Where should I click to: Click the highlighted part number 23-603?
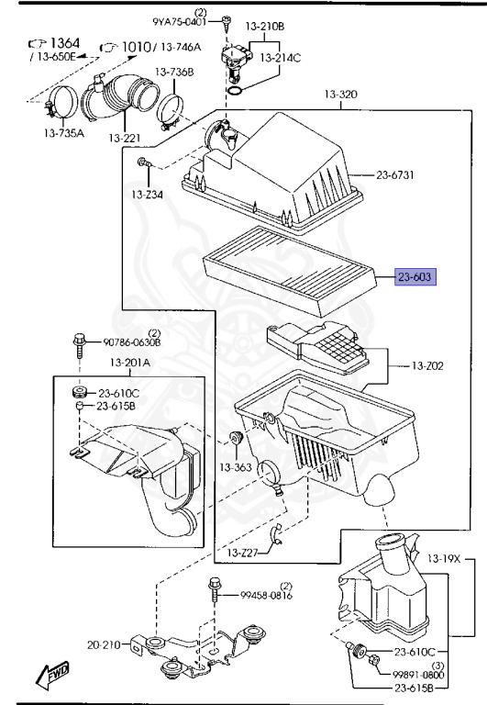tap(415, 277)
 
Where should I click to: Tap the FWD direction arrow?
tap(53, 674)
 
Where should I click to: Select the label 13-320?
tap(341, 95)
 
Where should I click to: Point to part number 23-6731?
tap(395, 175)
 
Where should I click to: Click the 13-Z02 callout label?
tap(427, 366)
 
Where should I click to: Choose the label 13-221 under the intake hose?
tap(125, 138)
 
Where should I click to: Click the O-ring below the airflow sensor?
tap(236, 91)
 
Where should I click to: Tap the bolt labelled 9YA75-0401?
tap(227, 22)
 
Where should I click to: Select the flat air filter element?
tap(290, 271)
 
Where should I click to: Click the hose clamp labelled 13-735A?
tap(61, 103)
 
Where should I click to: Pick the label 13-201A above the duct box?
tap(130, 363)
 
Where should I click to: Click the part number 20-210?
tap(104, 644)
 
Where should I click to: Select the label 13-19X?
tap(444, 559)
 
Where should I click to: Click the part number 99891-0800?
tap(418, 675)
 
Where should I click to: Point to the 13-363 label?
tap(236, 467)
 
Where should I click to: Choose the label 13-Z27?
tap(243, 553)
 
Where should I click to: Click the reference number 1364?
tap(65, 43)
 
